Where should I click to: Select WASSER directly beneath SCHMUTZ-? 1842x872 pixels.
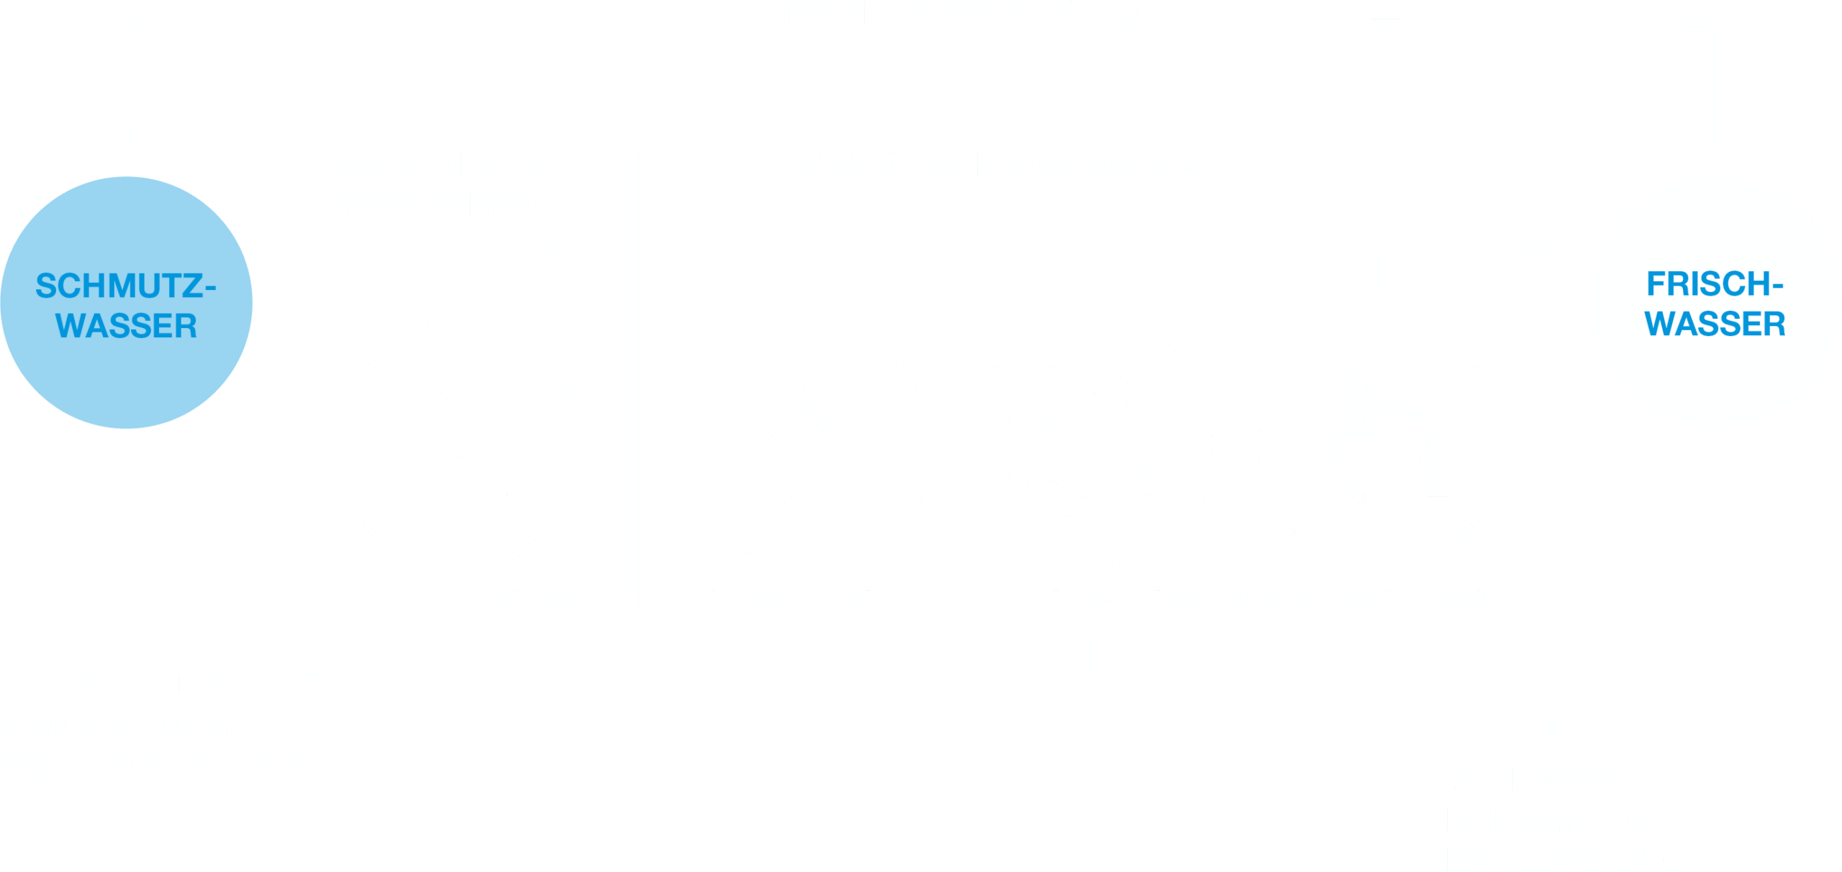coord(126,326)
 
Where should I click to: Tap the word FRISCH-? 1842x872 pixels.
coord(1708,284)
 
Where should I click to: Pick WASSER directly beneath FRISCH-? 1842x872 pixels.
coord(1715,324)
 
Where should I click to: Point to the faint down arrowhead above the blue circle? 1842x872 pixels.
coord(132,137)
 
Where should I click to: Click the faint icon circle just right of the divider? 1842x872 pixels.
coord(807,445)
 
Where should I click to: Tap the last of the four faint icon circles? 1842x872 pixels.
coord(1378,445)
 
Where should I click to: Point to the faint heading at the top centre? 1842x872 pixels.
coord(921,16)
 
